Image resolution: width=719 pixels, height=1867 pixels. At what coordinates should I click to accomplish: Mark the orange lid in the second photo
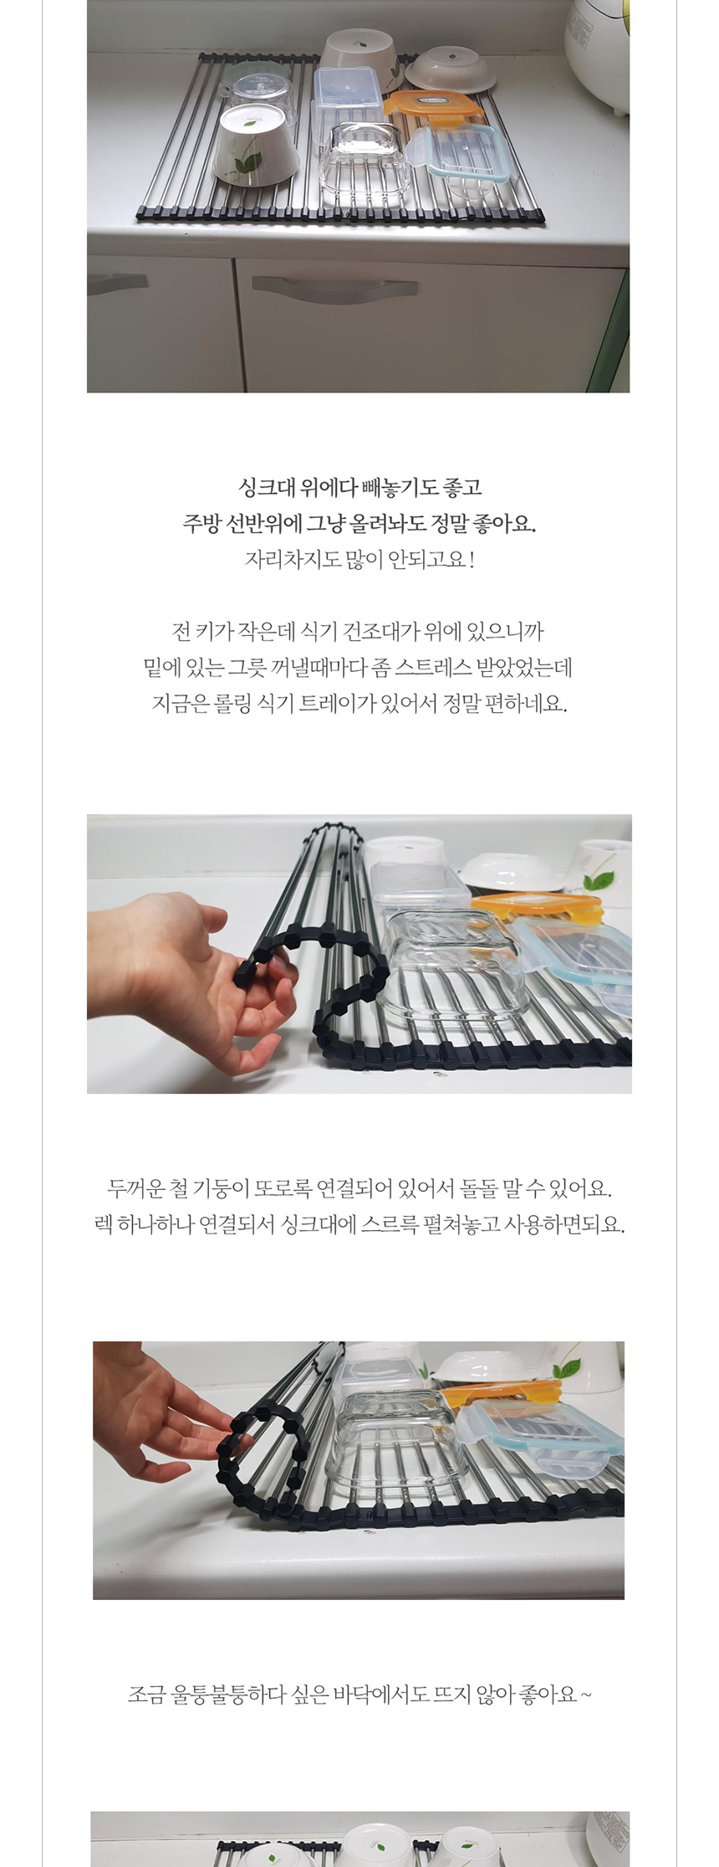pos(537,906)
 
